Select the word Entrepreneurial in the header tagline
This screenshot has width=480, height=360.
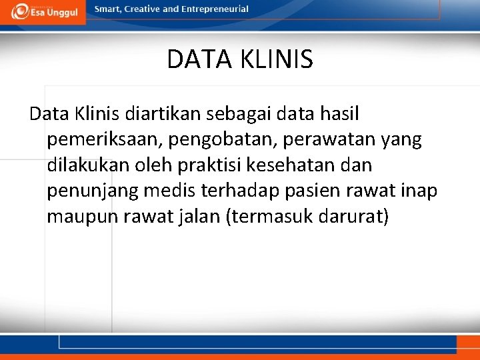click(215, 9)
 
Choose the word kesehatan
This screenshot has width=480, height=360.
click(291, 165)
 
